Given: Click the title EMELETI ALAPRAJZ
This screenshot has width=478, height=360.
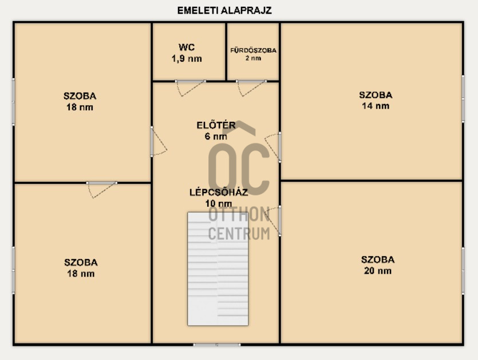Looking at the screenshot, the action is pos(224,10).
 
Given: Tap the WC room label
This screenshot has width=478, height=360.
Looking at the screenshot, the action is pos(187,47).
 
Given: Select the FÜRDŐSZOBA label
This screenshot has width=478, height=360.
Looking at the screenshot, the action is pos(254,50).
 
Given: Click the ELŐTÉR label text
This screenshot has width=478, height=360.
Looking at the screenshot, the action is pos(216,125).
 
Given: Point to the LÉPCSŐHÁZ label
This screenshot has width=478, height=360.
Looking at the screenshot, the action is pos(219,193).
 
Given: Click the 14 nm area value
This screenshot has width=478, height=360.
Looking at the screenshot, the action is pos(376,106).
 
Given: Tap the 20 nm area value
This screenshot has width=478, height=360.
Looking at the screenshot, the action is pos(378,270).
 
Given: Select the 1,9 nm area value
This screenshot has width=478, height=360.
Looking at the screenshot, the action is pos(187,58).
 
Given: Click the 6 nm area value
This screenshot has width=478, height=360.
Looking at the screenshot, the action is pos(216,137).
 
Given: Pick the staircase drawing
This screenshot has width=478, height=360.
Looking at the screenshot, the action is pos(218,269).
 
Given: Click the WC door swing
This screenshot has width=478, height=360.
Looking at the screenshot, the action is pos(191,88).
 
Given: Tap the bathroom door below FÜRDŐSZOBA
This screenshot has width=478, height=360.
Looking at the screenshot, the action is pos(251,88).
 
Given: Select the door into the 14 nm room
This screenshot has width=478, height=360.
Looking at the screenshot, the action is pos(273,147).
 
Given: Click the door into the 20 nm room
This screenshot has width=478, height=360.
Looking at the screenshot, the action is pos(273,221).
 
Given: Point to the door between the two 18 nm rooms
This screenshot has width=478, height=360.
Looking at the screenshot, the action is pos(102,190).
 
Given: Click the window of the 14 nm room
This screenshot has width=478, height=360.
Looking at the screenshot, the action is pos(463,99).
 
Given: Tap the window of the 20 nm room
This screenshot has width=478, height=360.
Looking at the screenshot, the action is pos(463,271).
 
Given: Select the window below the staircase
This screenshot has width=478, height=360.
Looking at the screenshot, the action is pos(217,345).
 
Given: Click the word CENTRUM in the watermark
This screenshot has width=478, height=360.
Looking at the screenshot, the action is pos(239,234).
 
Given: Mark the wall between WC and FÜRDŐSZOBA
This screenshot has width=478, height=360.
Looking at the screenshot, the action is pos(226,52).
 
